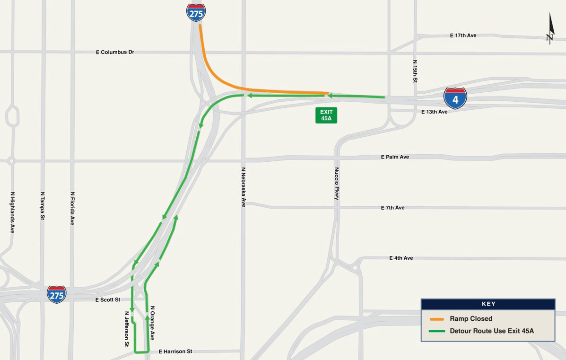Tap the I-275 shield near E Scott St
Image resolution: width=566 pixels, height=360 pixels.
pos(57,294)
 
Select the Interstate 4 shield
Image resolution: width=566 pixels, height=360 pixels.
pos(455,98)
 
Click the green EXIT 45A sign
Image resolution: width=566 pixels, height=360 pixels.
pos(326,115)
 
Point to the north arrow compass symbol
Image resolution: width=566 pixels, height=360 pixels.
pos(550,29)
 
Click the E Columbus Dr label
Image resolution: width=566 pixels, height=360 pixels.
pos(115,52)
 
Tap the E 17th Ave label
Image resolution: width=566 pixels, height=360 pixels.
pos(463,35)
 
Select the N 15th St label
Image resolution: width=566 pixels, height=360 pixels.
pos(415,71)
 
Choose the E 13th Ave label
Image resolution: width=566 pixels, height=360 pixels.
pos(434,112)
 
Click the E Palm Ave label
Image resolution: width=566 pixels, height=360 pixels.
pos(395,157)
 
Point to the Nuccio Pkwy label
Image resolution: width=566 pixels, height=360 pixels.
pos(337,184)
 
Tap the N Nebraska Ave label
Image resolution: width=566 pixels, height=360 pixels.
pos(244,187)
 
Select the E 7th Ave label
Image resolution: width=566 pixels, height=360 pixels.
pos(392,208)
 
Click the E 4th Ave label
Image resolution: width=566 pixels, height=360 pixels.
pos(401,258)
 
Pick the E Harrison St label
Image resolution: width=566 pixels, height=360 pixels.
pos(175,351)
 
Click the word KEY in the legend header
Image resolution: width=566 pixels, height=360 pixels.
pos(488,304)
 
